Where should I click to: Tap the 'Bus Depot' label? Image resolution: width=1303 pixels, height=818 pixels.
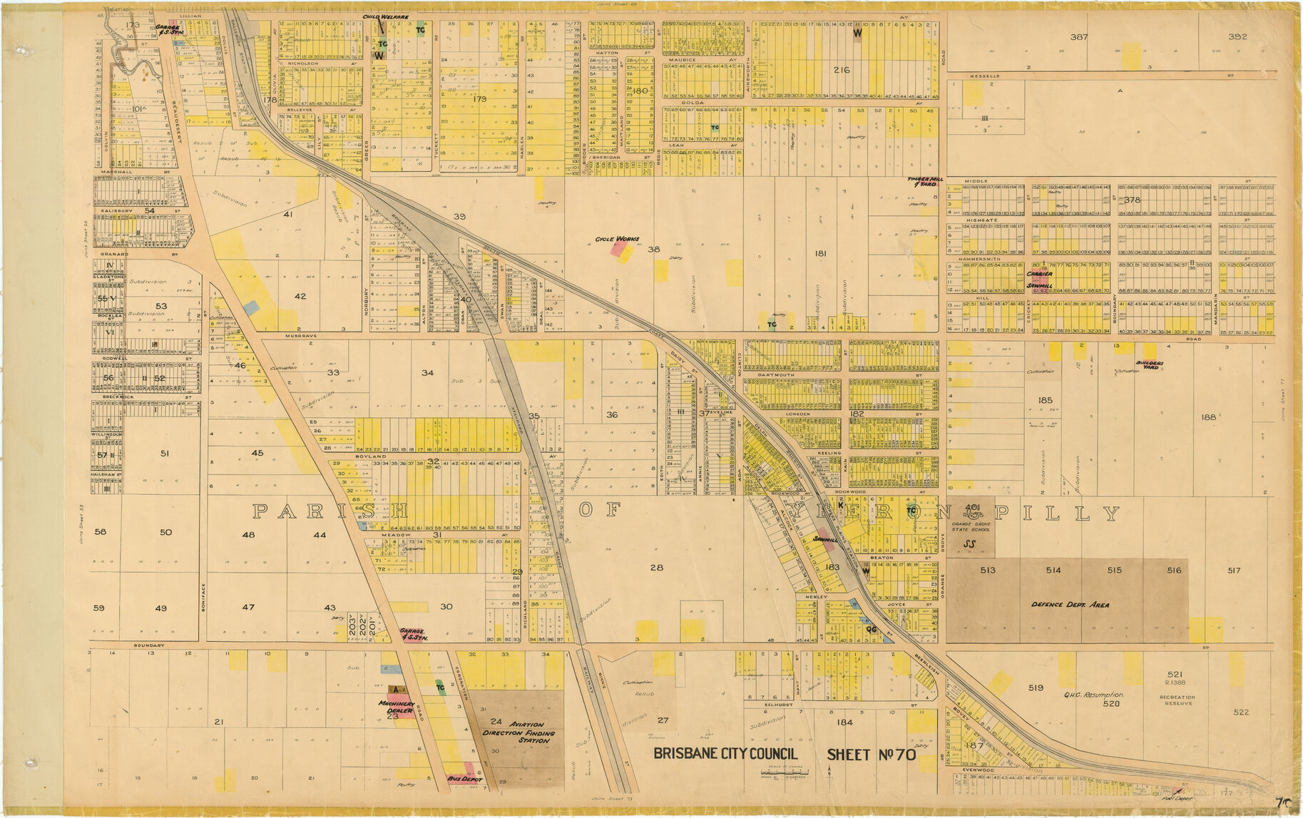pos(465,779)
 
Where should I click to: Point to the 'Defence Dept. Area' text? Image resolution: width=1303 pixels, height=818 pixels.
pos(1070,605)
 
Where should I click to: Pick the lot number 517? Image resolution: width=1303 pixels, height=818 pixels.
pos(1234,570)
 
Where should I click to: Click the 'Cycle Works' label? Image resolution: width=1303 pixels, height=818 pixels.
pos(617,239)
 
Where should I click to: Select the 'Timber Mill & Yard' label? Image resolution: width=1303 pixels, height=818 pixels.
pos(921,181)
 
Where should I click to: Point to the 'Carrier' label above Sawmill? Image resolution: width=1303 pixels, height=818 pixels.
pos(1039,274)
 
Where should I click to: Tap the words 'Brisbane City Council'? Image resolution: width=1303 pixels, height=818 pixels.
pos(725,755)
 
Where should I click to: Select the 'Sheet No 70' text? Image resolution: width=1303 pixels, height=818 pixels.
pos(871,755)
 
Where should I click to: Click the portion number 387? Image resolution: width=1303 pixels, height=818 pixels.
pos(1078,36)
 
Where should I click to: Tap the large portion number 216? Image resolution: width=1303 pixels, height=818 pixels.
pos(841,70)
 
